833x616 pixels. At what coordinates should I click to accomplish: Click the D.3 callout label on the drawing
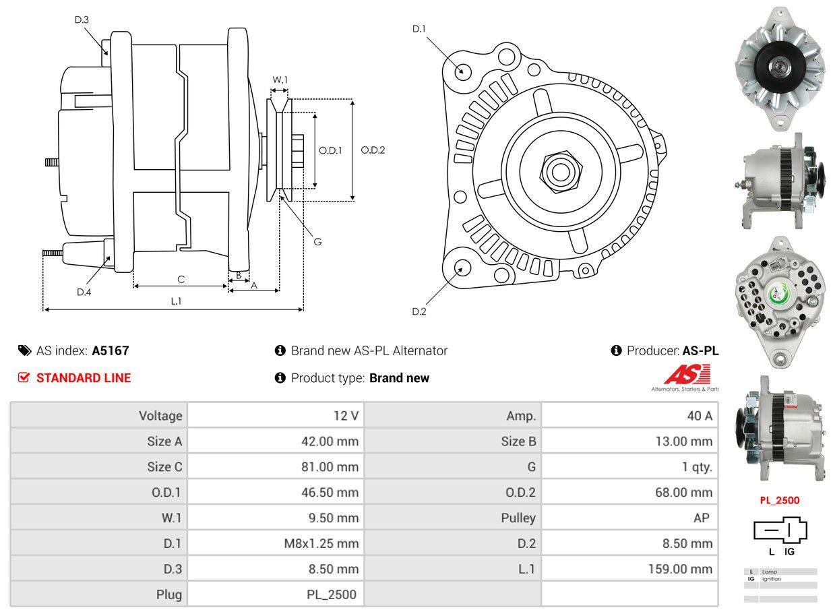point(82,20)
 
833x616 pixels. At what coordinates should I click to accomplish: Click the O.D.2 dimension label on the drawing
point(373,150)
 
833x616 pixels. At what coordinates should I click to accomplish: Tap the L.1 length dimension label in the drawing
point(176,301)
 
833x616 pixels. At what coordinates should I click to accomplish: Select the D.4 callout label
point(84,292)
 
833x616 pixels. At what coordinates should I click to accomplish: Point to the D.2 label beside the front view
point(419,311)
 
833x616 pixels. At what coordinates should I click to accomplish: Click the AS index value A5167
point(111,350)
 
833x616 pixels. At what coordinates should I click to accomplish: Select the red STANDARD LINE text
point(84,378)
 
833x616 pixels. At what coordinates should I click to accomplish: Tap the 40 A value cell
point(699,416)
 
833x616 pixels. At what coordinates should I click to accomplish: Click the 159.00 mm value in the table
point(681,569)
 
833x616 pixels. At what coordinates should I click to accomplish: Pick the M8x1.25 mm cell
point(321,543)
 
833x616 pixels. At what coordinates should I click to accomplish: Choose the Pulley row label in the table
point(519,518)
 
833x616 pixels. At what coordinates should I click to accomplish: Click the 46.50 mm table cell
point(330,493)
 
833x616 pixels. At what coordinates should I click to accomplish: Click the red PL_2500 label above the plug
point(779,500)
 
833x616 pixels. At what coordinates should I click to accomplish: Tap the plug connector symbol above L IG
point(780,531)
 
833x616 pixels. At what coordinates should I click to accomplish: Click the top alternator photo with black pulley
point(779,68)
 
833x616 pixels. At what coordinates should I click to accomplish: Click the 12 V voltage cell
point(346,416)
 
